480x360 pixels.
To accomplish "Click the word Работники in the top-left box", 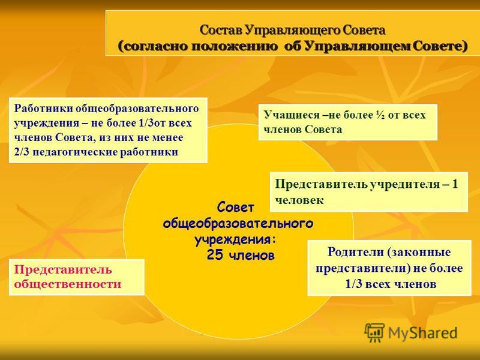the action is click(43, 109).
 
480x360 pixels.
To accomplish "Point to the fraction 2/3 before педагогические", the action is click(22, 152).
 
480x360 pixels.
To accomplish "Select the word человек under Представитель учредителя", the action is click(299, 200).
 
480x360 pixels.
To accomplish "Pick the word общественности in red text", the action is click(68, 284).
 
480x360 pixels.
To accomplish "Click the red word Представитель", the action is click(63, 269).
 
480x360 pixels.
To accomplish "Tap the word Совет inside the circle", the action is click(235, 208).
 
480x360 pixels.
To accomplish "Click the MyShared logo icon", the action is click(374, 332).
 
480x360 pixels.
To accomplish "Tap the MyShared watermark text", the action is click(422, 332).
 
